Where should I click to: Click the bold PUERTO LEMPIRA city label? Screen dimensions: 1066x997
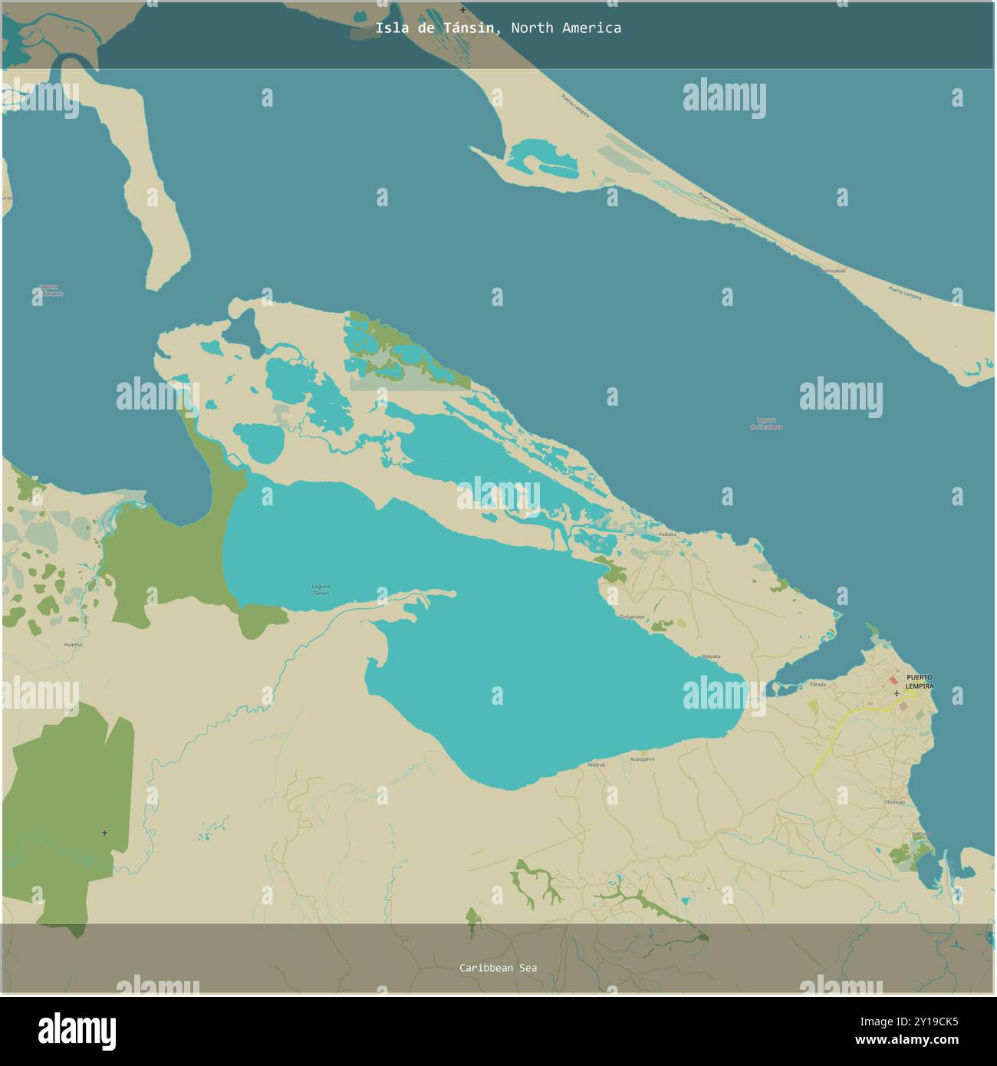[x=920, y=681]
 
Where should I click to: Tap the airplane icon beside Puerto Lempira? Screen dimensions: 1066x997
[x=897, y=693]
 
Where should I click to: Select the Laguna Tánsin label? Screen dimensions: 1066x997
[x=321, y=590]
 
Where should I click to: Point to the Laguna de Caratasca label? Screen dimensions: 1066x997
[x=766, y=423]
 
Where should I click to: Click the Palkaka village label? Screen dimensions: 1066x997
[x=667, y=534]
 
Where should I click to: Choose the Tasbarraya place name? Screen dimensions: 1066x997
[x=631, y=617]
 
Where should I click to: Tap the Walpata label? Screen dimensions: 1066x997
[x=711, y=656]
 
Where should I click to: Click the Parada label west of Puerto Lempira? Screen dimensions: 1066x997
[x=818, y=683]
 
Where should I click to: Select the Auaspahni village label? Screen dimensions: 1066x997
[x=642, y=758]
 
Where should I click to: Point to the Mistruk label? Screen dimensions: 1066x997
[x=596, y=765]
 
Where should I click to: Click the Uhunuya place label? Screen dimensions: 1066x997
[x=894, y=801]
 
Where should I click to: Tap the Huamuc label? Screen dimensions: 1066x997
[x=74, y=645]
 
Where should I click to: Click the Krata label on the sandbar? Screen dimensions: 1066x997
[x=735, y=219]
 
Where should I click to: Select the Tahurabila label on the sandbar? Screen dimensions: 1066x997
[x=834, y=271]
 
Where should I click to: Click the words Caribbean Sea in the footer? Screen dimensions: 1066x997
[x=498, y=968]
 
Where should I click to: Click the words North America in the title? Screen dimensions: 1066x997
[x=566, y=28]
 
